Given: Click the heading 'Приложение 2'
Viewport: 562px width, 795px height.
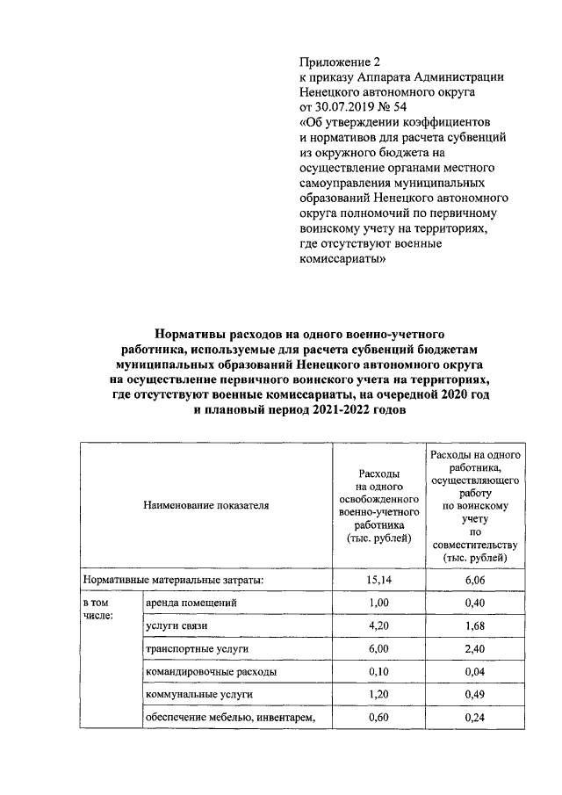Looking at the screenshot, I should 341,62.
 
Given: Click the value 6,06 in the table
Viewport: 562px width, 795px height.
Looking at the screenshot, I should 475,581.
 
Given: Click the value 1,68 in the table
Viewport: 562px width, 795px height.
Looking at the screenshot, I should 475,625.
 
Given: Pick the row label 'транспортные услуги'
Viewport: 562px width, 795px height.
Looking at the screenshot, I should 198,648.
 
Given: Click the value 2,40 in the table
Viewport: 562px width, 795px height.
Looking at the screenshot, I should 475,648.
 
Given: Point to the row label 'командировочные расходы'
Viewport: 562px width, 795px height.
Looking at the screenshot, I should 212,671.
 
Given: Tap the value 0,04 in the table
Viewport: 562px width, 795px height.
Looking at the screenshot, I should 475,671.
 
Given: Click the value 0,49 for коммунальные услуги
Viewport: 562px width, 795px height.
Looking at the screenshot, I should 475,694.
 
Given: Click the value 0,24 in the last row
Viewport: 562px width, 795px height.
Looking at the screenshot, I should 475,717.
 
